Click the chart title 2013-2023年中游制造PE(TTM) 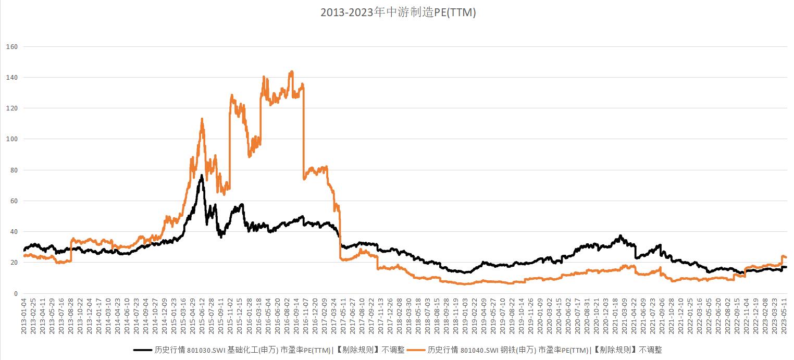pos(398,13)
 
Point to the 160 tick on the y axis pos(11,47)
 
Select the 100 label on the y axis pos(11,139)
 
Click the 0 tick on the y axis pos(15,293)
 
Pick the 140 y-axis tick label pos(11,78)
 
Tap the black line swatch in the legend pos(143,350)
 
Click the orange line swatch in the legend pos(416,350)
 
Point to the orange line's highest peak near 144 pos(291,72)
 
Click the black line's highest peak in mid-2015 pos(201,176)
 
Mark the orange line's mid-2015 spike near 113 pos(202,119)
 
